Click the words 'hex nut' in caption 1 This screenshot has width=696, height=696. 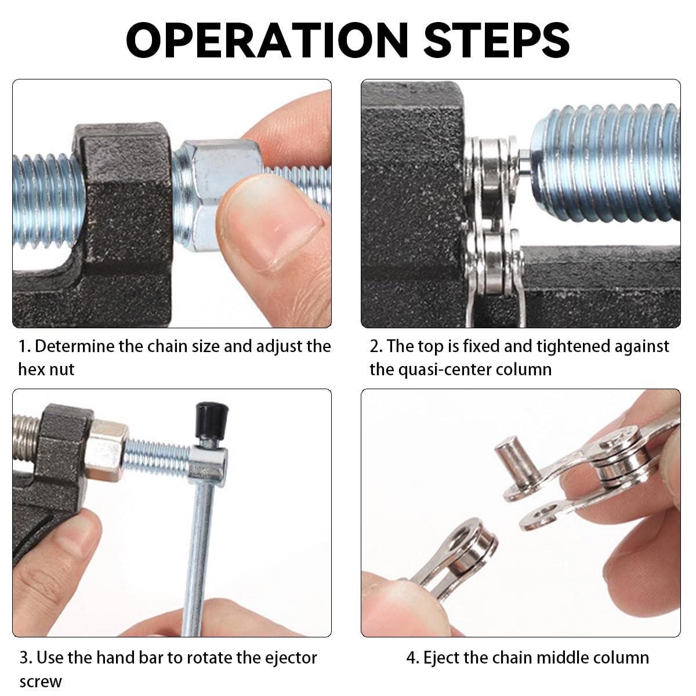tap(46, 369)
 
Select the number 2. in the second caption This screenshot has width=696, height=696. tap(376, 346)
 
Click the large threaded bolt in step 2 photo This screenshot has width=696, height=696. tap(609, 162)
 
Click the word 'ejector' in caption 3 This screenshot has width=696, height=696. tap(291, 658)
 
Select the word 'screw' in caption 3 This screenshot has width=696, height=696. tap(40, 681)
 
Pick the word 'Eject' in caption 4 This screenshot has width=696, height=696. tap(441, 658)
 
